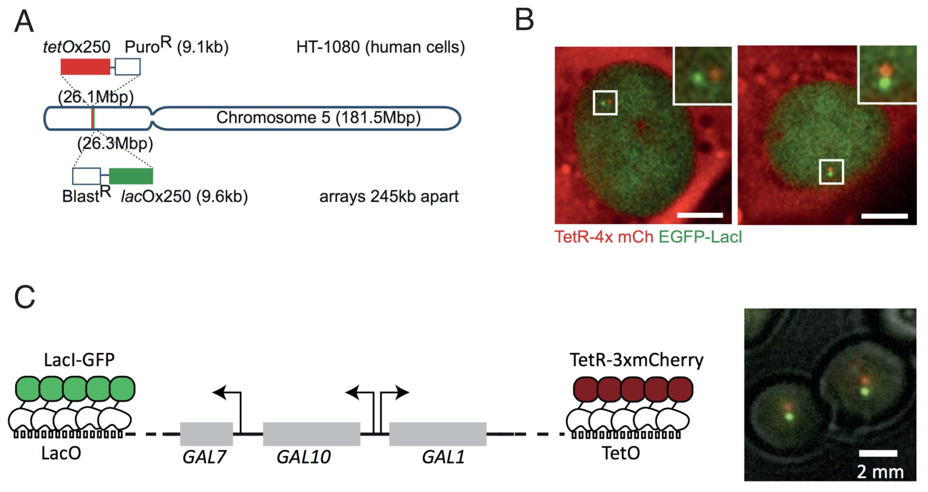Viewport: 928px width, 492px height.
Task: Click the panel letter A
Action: tap(24, 22)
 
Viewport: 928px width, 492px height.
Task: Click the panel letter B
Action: tap(524, 21)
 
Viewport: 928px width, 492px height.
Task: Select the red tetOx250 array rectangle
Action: tap(85, 67)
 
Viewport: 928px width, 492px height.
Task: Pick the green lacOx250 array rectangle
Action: tap(131, 176)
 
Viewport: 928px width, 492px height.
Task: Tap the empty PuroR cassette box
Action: tap(127, 67)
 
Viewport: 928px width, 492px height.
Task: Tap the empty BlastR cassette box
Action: tap(86, 176)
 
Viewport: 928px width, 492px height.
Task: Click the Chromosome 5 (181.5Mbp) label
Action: tap(318, 118)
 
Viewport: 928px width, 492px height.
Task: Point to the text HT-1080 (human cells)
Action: tap(381, 47)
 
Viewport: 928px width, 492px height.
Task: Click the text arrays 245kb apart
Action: tap(389, 196)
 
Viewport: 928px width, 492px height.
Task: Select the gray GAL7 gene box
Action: tap(206, 434)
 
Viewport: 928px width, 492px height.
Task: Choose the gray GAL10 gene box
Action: tap(311, 434)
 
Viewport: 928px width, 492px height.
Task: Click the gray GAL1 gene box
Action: tap(437, 434)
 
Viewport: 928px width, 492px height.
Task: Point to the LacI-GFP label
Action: tap(79, 360)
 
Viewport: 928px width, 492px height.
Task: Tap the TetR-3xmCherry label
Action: tap(637, 360)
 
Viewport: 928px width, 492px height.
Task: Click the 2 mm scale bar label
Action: tap(880, 472)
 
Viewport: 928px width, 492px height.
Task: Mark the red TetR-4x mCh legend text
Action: tap(604, 236)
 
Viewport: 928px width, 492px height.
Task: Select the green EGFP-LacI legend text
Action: tap(700, 236)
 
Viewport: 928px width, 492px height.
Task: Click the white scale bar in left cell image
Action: tap(700, 215)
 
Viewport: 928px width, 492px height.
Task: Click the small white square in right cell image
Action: tap(831, 172)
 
